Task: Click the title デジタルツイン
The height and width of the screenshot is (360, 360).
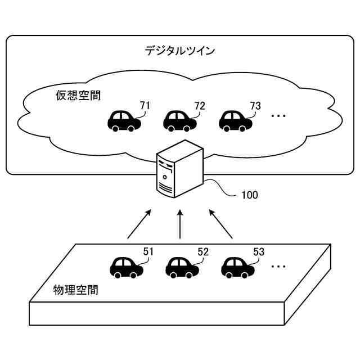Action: click(179, 51)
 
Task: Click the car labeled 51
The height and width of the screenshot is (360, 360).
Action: click(126, 268)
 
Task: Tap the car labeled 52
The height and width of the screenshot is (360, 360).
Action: click(182, 268)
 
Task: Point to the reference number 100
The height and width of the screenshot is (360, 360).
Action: click(249, 196)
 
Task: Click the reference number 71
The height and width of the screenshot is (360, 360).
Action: click(145, 105)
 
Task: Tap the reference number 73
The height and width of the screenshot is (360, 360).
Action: click(255, 105)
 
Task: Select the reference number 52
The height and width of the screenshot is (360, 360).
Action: click(203, 252)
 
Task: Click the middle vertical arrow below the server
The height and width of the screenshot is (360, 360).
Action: click(180, 225)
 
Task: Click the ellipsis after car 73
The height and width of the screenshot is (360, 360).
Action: click(278, 116)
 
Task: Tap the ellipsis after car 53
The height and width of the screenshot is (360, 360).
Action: click(278, 264)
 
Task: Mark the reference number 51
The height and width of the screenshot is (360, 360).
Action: click(148, 252)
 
